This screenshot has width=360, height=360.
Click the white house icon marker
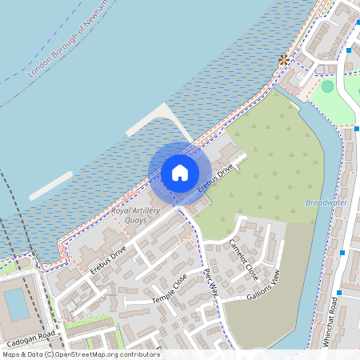coord(180,172)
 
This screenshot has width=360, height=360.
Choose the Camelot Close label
coord(243,258)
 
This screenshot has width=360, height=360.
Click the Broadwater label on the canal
coord(326,202)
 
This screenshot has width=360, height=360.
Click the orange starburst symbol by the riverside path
coord(283,59)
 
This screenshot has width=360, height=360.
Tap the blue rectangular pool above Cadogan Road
coord(15,305)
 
